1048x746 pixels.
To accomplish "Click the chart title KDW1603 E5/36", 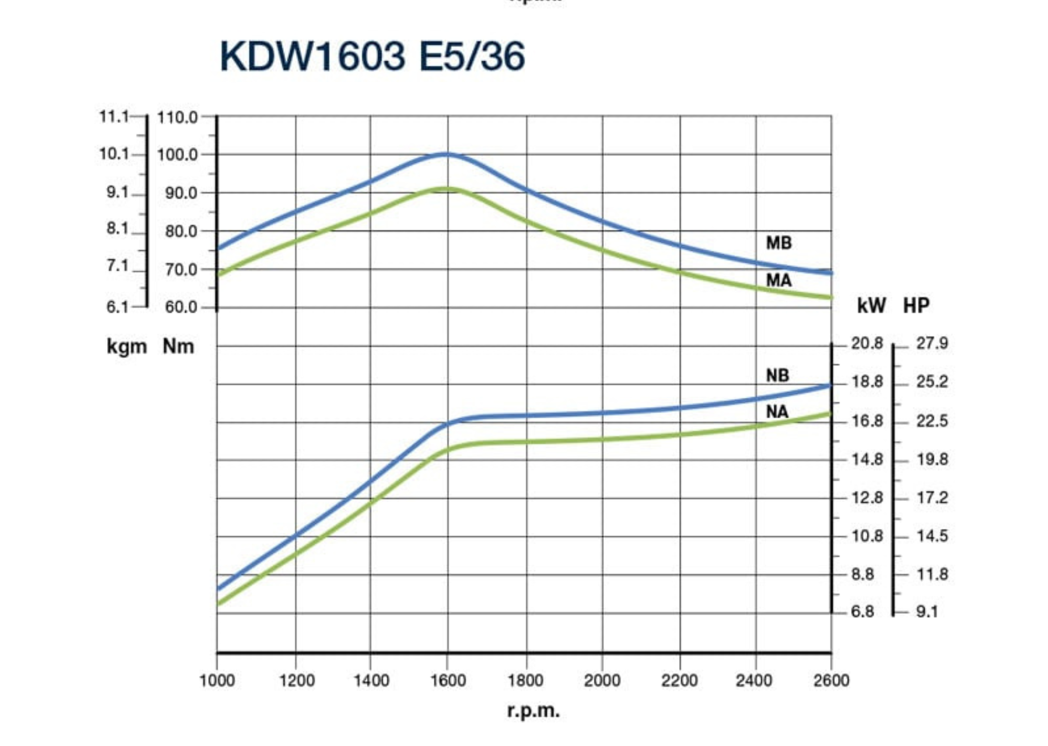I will coord(372,56).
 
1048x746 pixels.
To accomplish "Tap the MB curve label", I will coord(778,243).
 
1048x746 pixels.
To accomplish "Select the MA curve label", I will coord(778,280).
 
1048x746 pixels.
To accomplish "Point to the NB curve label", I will coord(777,376).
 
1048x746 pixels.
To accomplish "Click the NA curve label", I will coord(777,412).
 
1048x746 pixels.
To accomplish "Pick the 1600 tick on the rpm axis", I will coord(448,681).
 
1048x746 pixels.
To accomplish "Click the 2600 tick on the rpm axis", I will coord(831,681).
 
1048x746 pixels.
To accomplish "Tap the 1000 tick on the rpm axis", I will coord(217,681).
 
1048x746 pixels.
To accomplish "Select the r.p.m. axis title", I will coord(533,710).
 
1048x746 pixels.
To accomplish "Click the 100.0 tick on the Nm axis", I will coord(177,155).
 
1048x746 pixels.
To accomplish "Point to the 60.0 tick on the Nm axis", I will coord(181,307).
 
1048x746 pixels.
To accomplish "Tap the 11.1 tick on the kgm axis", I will coord(114,117).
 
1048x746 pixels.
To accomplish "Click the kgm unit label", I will coord(127,347).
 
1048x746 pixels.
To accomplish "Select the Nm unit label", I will coord(178,347).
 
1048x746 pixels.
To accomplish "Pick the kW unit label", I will coord(871,306).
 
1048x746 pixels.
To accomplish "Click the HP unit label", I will coord(916,306).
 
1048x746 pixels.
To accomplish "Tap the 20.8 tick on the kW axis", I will coord(867,344).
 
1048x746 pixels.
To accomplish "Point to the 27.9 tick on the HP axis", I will coord(932,344).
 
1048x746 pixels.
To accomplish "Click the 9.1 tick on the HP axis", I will coord(927,612).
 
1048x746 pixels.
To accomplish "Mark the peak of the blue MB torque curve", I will coord(447,154).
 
